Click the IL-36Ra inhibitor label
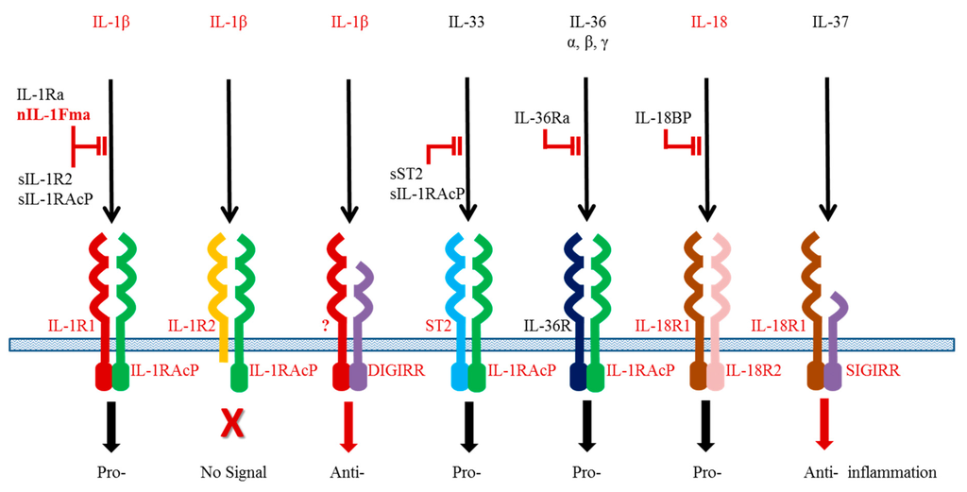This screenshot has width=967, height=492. coord(540,117)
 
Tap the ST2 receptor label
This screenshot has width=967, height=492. coord(432,327)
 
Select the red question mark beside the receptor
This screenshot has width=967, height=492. coord(326,327)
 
